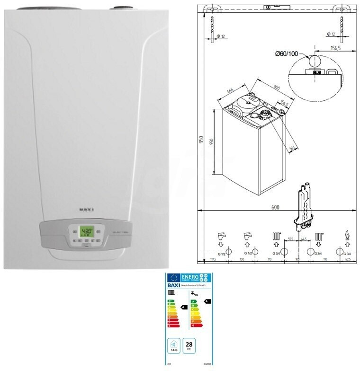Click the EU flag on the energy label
click(172, 279)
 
